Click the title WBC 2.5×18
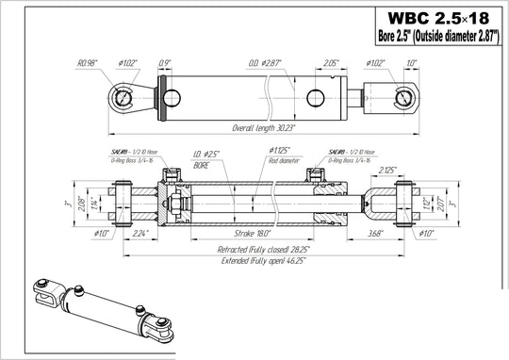pyautogui.click(x=433, y=19)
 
